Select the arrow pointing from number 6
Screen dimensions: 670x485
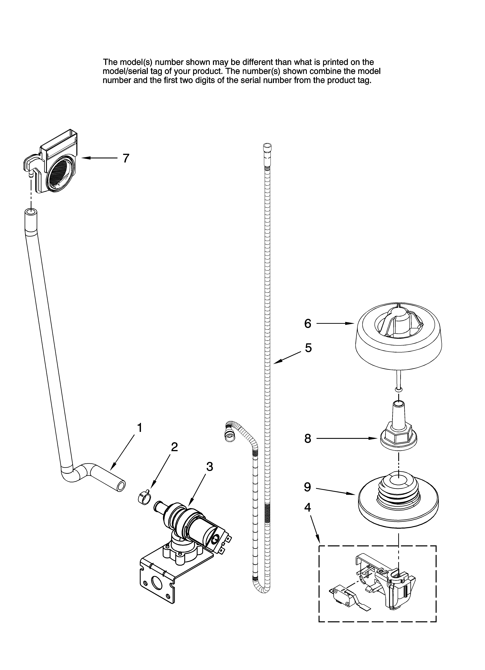335,323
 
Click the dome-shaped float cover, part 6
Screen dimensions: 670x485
399,340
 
